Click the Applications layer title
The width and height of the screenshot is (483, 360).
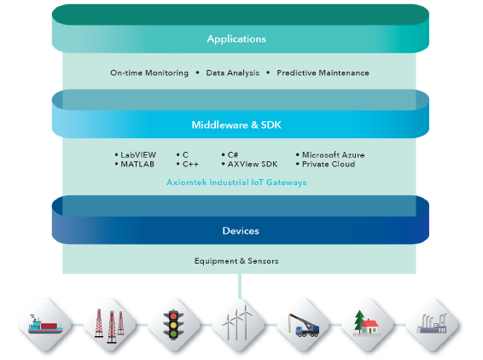pyautogui.click(x=236, y=39)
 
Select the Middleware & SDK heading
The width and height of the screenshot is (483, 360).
pyautogui.click(x=236, y=125)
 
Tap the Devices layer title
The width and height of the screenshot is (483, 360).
pyautogui.click(x=241, y=230)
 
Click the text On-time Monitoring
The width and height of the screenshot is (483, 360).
pyautogui.click(x=149, y=73)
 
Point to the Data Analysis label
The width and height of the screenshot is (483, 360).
pyautogui.click(x=233, y=73)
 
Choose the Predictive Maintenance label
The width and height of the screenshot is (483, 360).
pyautogui.click(x=323, y=73)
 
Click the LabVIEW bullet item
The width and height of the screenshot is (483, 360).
pyautogui.click(x=136, y=154)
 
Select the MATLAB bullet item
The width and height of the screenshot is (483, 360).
pyautogui.click(x=135, y=164)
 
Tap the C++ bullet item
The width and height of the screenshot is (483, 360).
pyautogui.click(x=188, y=164)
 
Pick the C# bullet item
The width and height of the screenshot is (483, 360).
pyautogui.click(x=230, y=154)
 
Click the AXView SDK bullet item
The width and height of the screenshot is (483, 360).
pyautogui.click(x=249, y=164)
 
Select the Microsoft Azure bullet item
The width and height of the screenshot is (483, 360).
pyautogui.click(x=330, y=154)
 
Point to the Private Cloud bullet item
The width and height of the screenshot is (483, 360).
pyautogui.click(x=325, y=164)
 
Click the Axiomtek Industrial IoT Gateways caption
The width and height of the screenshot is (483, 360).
pyautogui.click(x=236, y=183)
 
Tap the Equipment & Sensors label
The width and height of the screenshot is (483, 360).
pyautogui.click(x=236, y=261)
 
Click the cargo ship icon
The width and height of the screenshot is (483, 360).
pyautogui.click(x=45, y=324)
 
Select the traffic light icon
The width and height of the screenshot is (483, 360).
pyautogui.click(x=174, y=324)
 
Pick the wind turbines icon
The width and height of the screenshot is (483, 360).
pyautogui.click(x=237, y=322)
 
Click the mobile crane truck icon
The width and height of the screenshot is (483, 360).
pyautogui.click(x=304, y=325)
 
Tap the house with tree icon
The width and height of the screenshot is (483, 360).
pyautogui.click(x=366, y=322)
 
